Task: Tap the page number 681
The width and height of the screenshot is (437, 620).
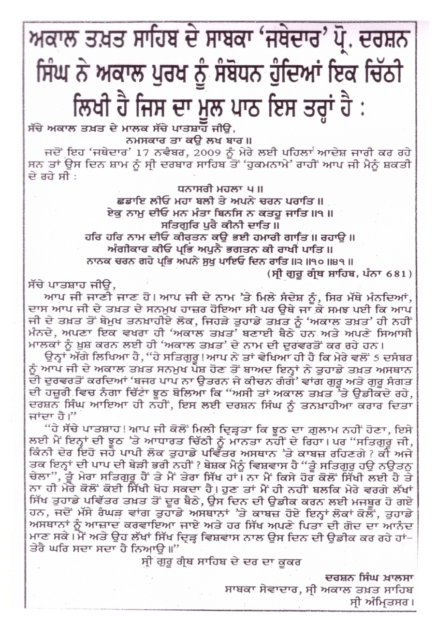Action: (x=400, y=274)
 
